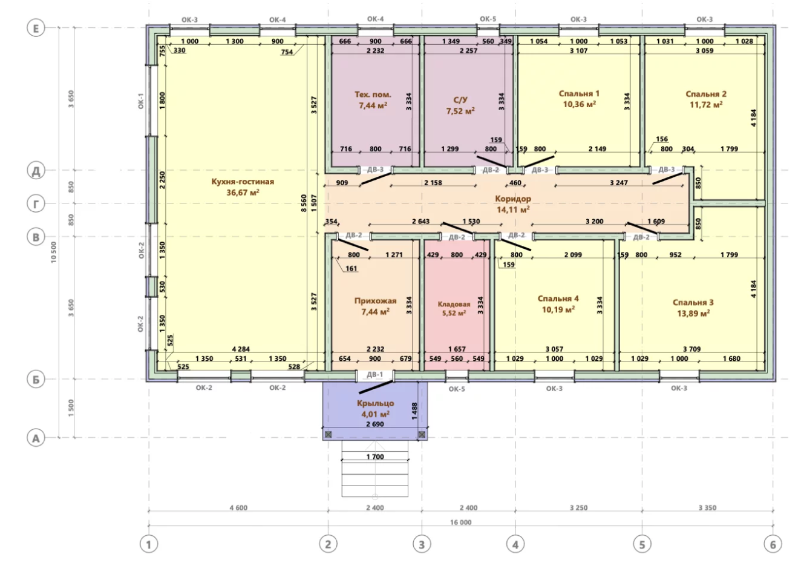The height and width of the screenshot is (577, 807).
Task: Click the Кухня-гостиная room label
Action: pos(243,182)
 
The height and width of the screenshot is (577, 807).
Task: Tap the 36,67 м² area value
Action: pos(243,192)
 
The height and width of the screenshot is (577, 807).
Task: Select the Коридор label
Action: pos(513,199)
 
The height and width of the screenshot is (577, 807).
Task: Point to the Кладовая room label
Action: pos(454,304)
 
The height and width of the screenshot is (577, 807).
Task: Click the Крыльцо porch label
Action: pos(376,403)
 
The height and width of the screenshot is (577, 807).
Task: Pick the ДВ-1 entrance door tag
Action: pos(374,375)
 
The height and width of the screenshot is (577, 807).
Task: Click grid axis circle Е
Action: pos(36,28)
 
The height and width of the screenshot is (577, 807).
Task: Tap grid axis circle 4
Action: pos(515,544)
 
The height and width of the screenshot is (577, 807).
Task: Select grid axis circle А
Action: pos(36,438)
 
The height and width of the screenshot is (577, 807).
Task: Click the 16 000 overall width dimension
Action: pos(461,522)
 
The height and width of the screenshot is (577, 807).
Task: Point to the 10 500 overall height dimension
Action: pos(54,252)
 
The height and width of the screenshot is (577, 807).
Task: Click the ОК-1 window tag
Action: pos(141,101)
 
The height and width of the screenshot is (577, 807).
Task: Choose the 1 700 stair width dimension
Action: pos(375,457)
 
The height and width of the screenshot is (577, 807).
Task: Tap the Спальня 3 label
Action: pos(693,302)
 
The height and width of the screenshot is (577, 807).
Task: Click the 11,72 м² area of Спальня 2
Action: pos(706,105)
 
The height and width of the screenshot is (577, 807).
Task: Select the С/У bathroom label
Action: pos(460,99)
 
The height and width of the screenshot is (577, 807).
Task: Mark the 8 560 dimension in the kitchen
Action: pos(304,203)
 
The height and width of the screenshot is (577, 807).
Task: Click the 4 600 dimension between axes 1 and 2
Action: pos(238,508)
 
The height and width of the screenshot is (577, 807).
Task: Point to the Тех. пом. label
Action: pos(373,94)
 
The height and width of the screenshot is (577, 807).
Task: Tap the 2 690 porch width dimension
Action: pos(375,424)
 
